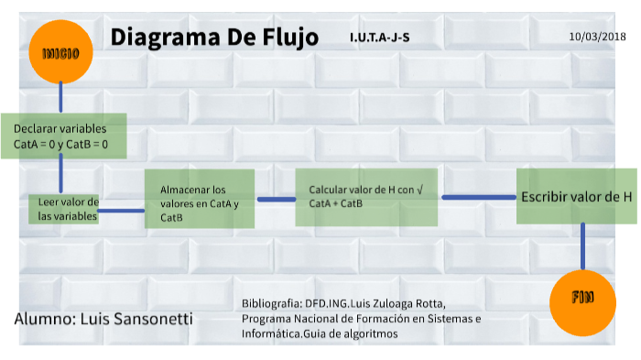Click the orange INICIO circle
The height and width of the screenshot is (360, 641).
(x=60, y=52)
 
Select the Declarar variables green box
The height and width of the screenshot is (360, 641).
(x=62, y=136)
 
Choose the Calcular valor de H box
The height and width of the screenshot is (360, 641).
(x=366, y=197)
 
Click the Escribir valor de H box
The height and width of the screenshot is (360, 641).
(x=576, y=196)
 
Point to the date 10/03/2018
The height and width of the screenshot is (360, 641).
(x=596, y=37)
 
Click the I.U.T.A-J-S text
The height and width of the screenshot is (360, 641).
(x=379, y=38)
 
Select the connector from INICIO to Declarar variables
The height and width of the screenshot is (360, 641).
(x=60, y=97)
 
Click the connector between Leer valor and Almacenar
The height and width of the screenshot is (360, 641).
(x=122, y=211)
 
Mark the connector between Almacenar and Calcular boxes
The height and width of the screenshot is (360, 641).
(x=275, y=199)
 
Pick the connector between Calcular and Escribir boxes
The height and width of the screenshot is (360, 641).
(x=478, y=196)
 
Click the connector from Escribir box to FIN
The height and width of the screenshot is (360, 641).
(x=582, y=245)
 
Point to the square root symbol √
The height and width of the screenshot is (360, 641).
(x=418, y=189)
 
